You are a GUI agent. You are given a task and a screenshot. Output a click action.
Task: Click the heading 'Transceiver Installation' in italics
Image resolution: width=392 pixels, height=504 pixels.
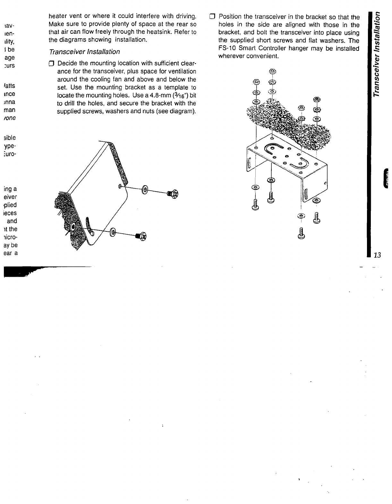point(84,52)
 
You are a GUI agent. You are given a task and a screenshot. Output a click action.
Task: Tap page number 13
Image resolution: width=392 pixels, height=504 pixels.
point(377,255)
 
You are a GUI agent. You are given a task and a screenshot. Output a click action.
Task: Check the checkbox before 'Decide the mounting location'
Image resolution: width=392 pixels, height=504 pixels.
point(50,64)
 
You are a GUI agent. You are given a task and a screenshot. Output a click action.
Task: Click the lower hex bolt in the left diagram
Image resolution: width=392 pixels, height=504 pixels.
point(141,237)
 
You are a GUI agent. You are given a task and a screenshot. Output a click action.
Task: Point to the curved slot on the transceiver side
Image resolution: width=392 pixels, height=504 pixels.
point(89,226)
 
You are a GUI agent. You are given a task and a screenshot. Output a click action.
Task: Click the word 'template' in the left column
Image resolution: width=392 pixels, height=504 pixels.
point(177,87)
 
